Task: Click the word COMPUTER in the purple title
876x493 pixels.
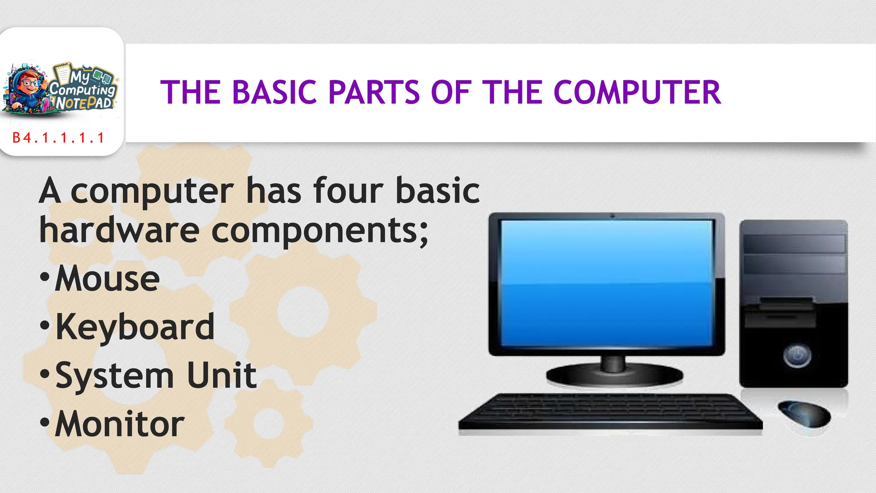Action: point(637,92)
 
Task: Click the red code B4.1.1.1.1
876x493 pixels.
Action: point(59,138)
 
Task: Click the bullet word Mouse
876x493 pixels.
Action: point(107,279)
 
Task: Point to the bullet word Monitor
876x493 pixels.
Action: point(120,424)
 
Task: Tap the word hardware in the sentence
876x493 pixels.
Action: point(119,230)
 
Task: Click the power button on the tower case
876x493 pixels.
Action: point(797,355)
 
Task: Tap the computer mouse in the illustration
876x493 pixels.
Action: point(804,413)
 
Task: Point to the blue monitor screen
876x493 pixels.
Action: point(607,282)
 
